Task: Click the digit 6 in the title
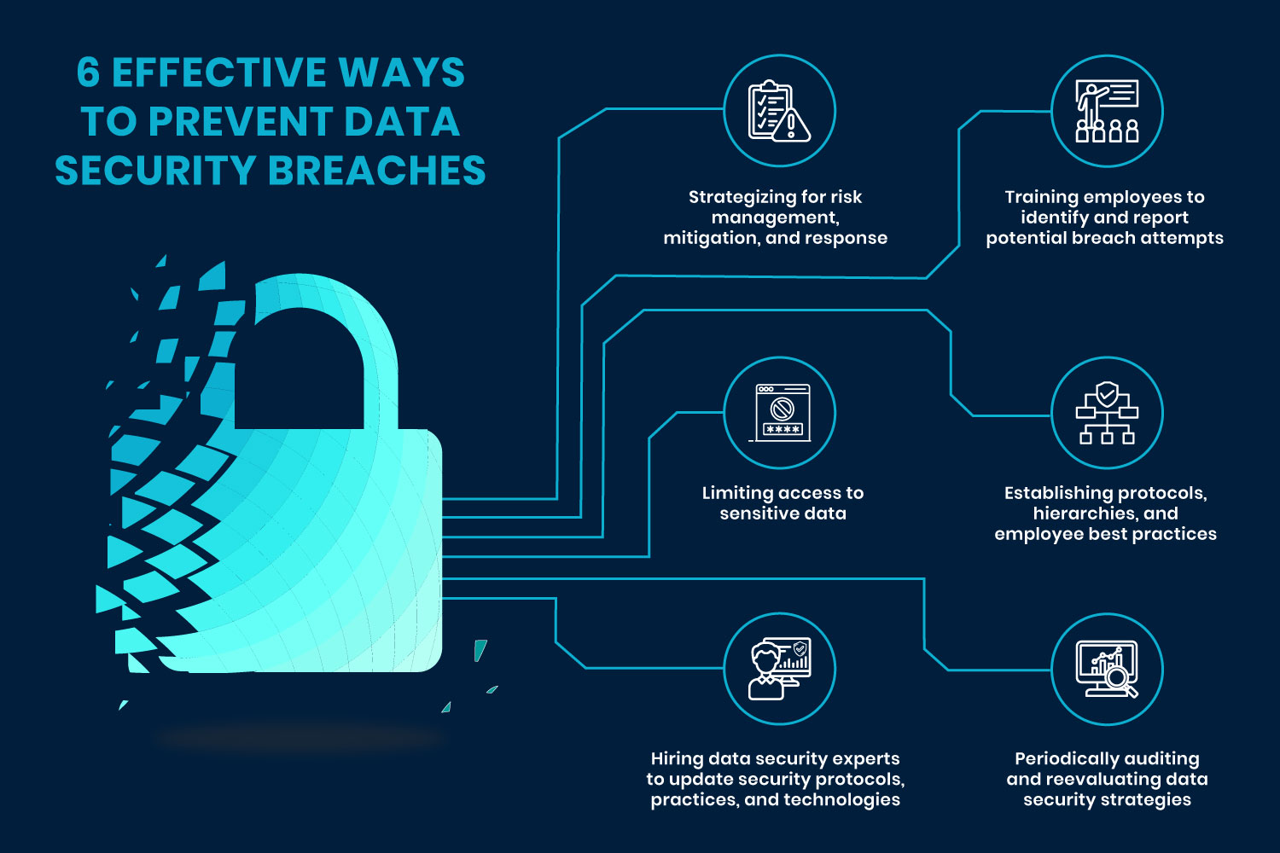point(88,73)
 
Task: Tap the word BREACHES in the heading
point(377,171)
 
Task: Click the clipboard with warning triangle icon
point(779,111)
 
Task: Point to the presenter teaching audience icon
point(1107,111)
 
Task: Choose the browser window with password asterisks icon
point(781,413)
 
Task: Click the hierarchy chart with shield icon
point(1107,413)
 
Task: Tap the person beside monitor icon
point(779,669)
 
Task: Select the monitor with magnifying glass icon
point(1107,669)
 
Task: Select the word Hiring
point(677,758)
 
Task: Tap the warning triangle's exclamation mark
point(791,125)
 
